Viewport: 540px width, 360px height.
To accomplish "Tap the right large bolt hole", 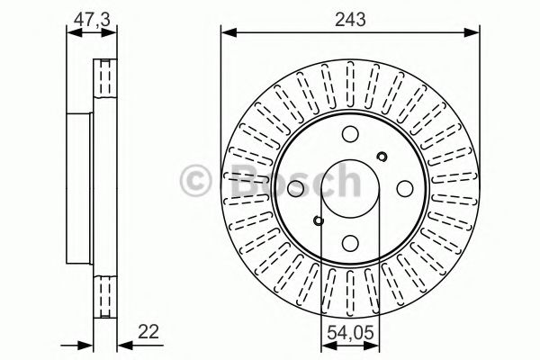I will tap(404, 188).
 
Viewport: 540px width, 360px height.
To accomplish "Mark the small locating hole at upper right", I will tap(381, 157).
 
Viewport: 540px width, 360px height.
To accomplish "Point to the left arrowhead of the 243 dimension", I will tap(226, 34).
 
